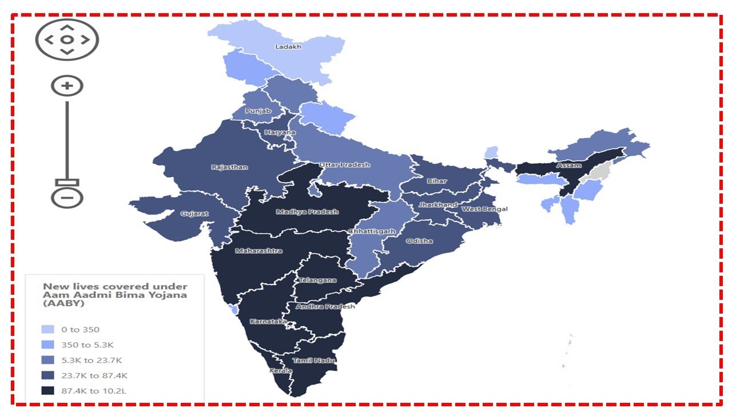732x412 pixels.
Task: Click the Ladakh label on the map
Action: pos(288,47)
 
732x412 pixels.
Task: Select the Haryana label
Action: pos(280,133)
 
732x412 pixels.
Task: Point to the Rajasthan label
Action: pos(229,168)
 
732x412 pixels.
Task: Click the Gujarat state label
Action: pos(194,214)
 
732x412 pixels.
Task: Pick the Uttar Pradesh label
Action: pos(344,165)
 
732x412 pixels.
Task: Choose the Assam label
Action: pos(568,165)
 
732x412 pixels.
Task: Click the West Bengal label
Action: pos(484,209)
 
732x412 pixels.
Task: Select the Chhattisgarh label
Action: pos(372,232)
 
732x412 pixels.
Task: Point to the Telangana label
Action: pos(317,280)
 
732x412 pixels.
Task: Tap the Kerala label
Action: pos(281,371)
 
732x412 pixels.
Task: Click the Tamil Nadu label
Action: pos(313,360)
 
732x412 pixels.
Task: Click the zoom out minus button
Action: pos(67,198)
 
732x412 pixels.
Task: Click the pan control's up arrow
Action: pos(67,27)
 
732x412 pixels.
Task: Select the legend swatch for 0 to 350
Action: pos(48,330)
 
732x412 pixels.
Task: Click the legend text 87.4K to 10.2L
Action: pos(94,391)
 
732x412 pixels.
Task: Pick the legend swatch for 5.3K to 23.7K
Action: pos(48,360)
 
